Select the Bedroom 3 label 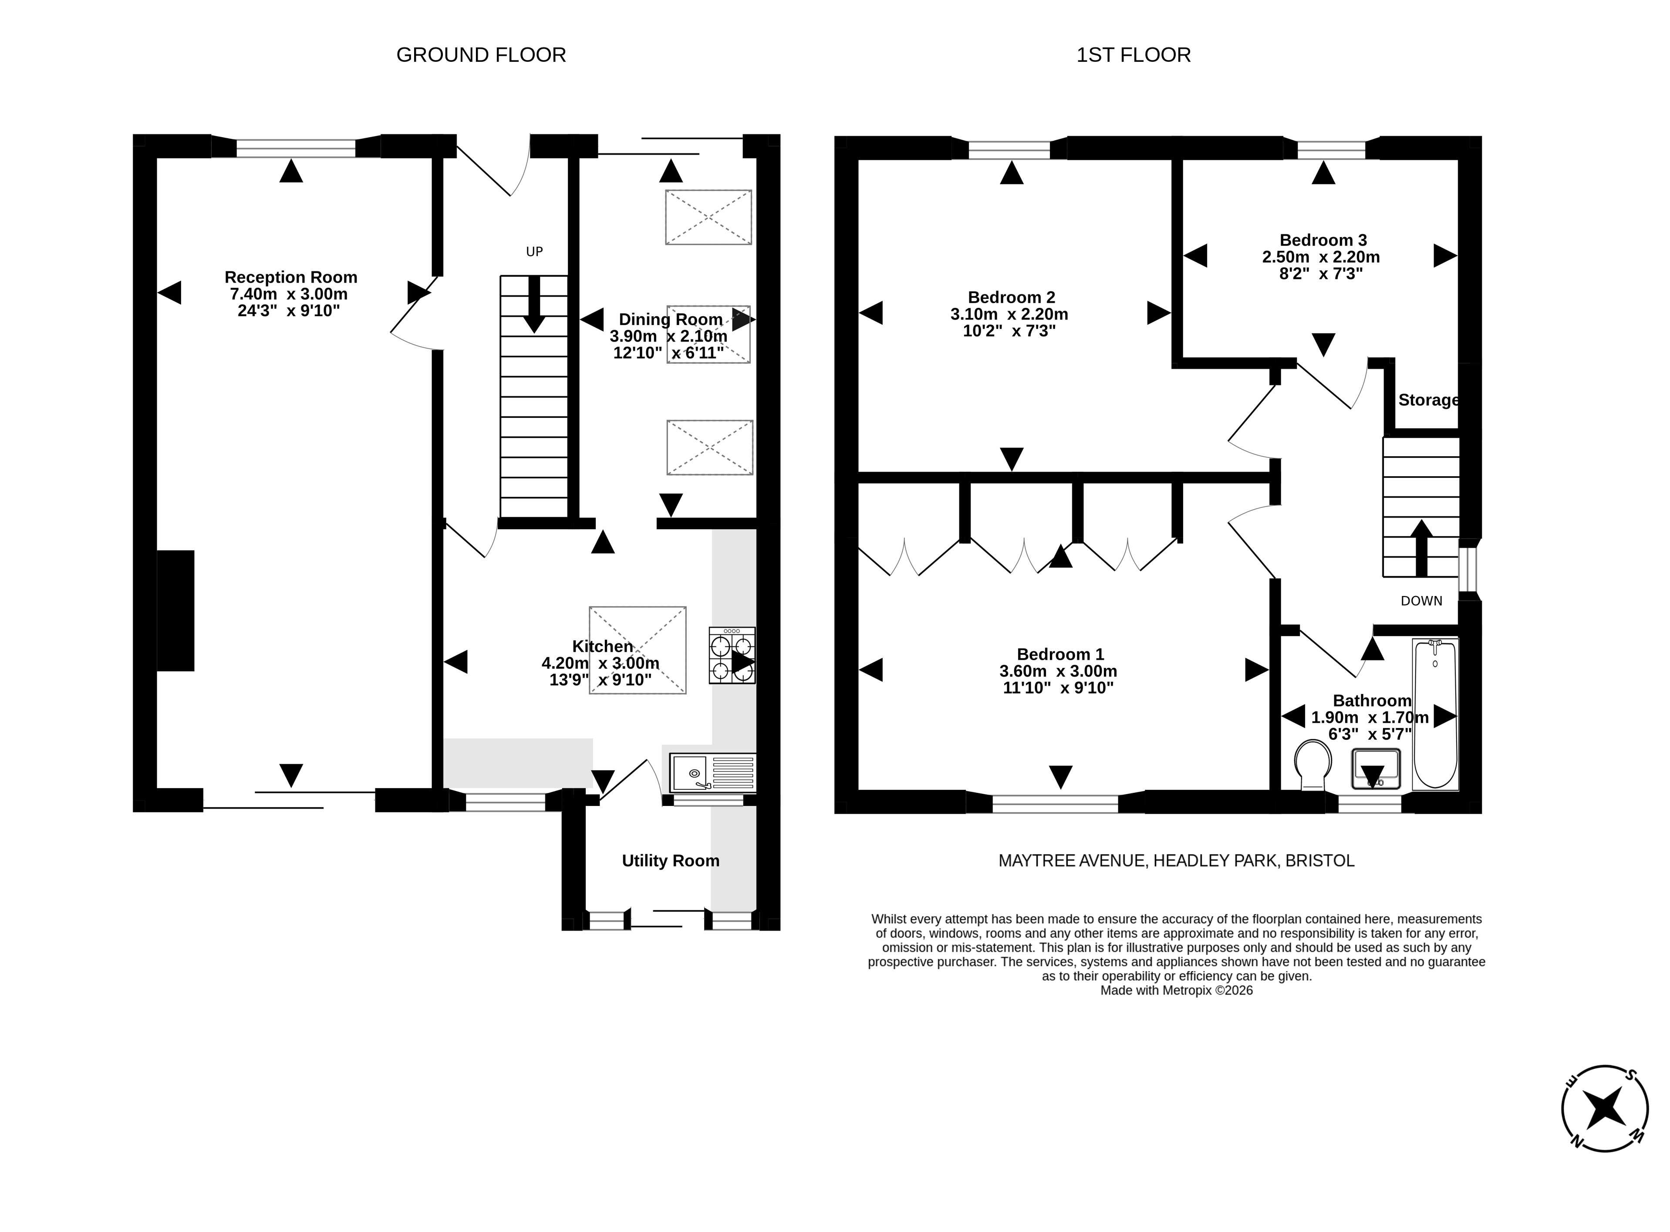(1323, 240)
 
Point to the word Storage (1428, 400)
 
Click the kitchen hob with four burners (732, 656)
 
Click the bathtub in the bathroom (1435, 714)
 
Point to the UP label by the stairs (535, 252)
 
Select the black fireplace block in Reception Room (176, 611)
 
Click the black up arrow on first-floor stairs (1421, 548)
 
